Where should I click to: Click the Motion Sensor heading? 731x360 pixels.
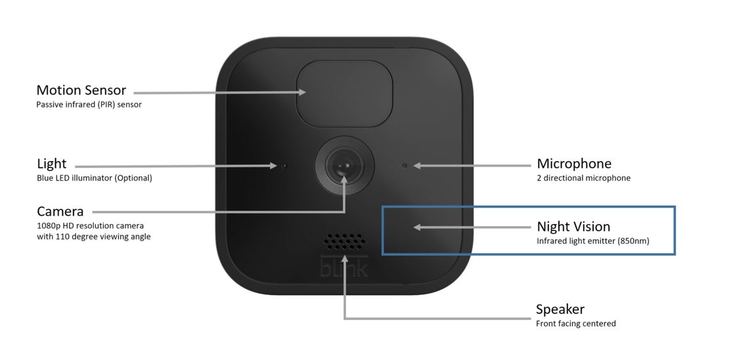point(81,90)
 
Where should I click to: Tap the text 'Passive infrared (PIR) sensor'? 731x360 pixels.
point(89,104)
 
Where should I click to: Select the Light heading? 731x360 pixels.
point(51,164)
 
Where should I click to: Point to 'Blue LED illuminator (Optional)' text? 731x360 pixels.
point(94,178)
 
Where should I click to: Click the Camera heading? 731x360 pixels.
point(60,212)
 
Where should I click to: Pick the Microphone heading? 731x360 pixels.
point(573,164)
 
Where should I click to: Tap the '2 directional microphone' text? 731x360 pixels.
point(583,178)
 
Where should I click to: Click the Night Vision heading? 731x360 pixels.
point(573,227)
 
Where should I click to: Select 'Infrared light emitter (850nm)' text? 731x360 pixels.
point(592,241)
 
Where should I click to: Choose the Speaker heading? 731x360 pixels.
point(560,309)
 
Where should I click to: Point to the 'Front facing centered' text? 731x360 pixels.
point(575,323)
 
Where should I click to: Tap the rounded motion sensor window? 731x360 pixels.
point(345,93)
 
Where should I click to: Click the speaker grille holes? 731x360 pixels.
point(344,242)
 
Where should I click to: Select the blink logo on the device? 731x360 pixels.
point(344,268)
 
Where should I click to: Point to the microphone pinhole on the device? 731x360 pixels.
point(404,166)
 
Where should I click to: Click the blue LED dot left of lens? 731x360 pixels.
point(284,166)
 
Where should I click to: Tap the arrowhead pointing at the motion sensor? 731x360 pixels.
point(303,93)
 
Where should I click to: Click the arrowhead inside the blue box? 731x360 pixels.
point(416,227)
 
